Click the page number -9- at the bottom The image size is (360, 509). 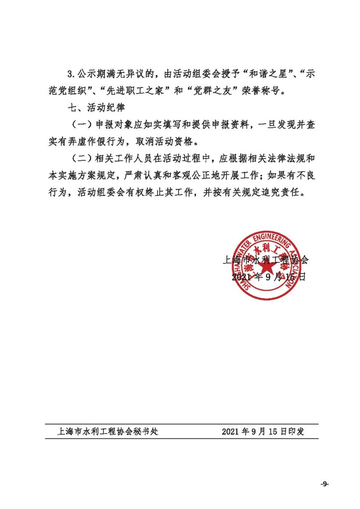pos(325,483)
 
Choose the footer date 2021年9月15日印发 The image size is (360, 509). pos(263,431)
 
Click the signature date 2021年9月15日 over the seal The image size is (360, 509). pos(269,277)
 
